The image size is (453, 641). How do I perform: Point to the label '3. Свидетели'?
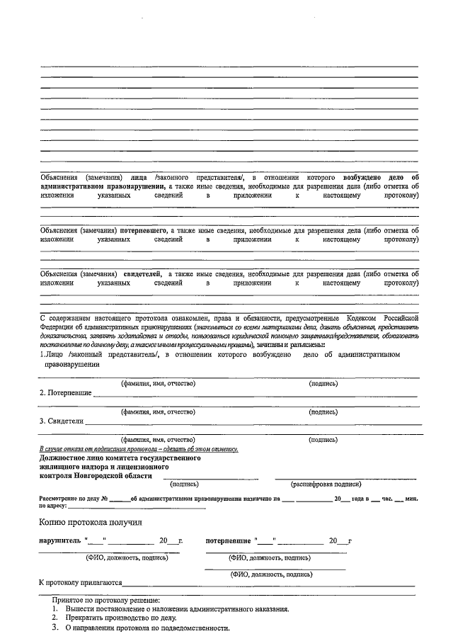coord(62,421)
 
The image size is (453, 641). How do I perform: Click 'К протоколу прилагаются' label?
coord(80,583)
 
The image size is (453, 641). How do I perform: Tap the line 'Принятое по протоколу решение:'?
coord(105,600)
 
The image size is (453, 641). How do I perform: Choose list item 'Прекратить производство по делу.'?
coord(120,618)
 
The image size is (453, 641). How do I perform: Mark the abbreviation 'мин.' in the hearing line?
coord(411,499)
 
